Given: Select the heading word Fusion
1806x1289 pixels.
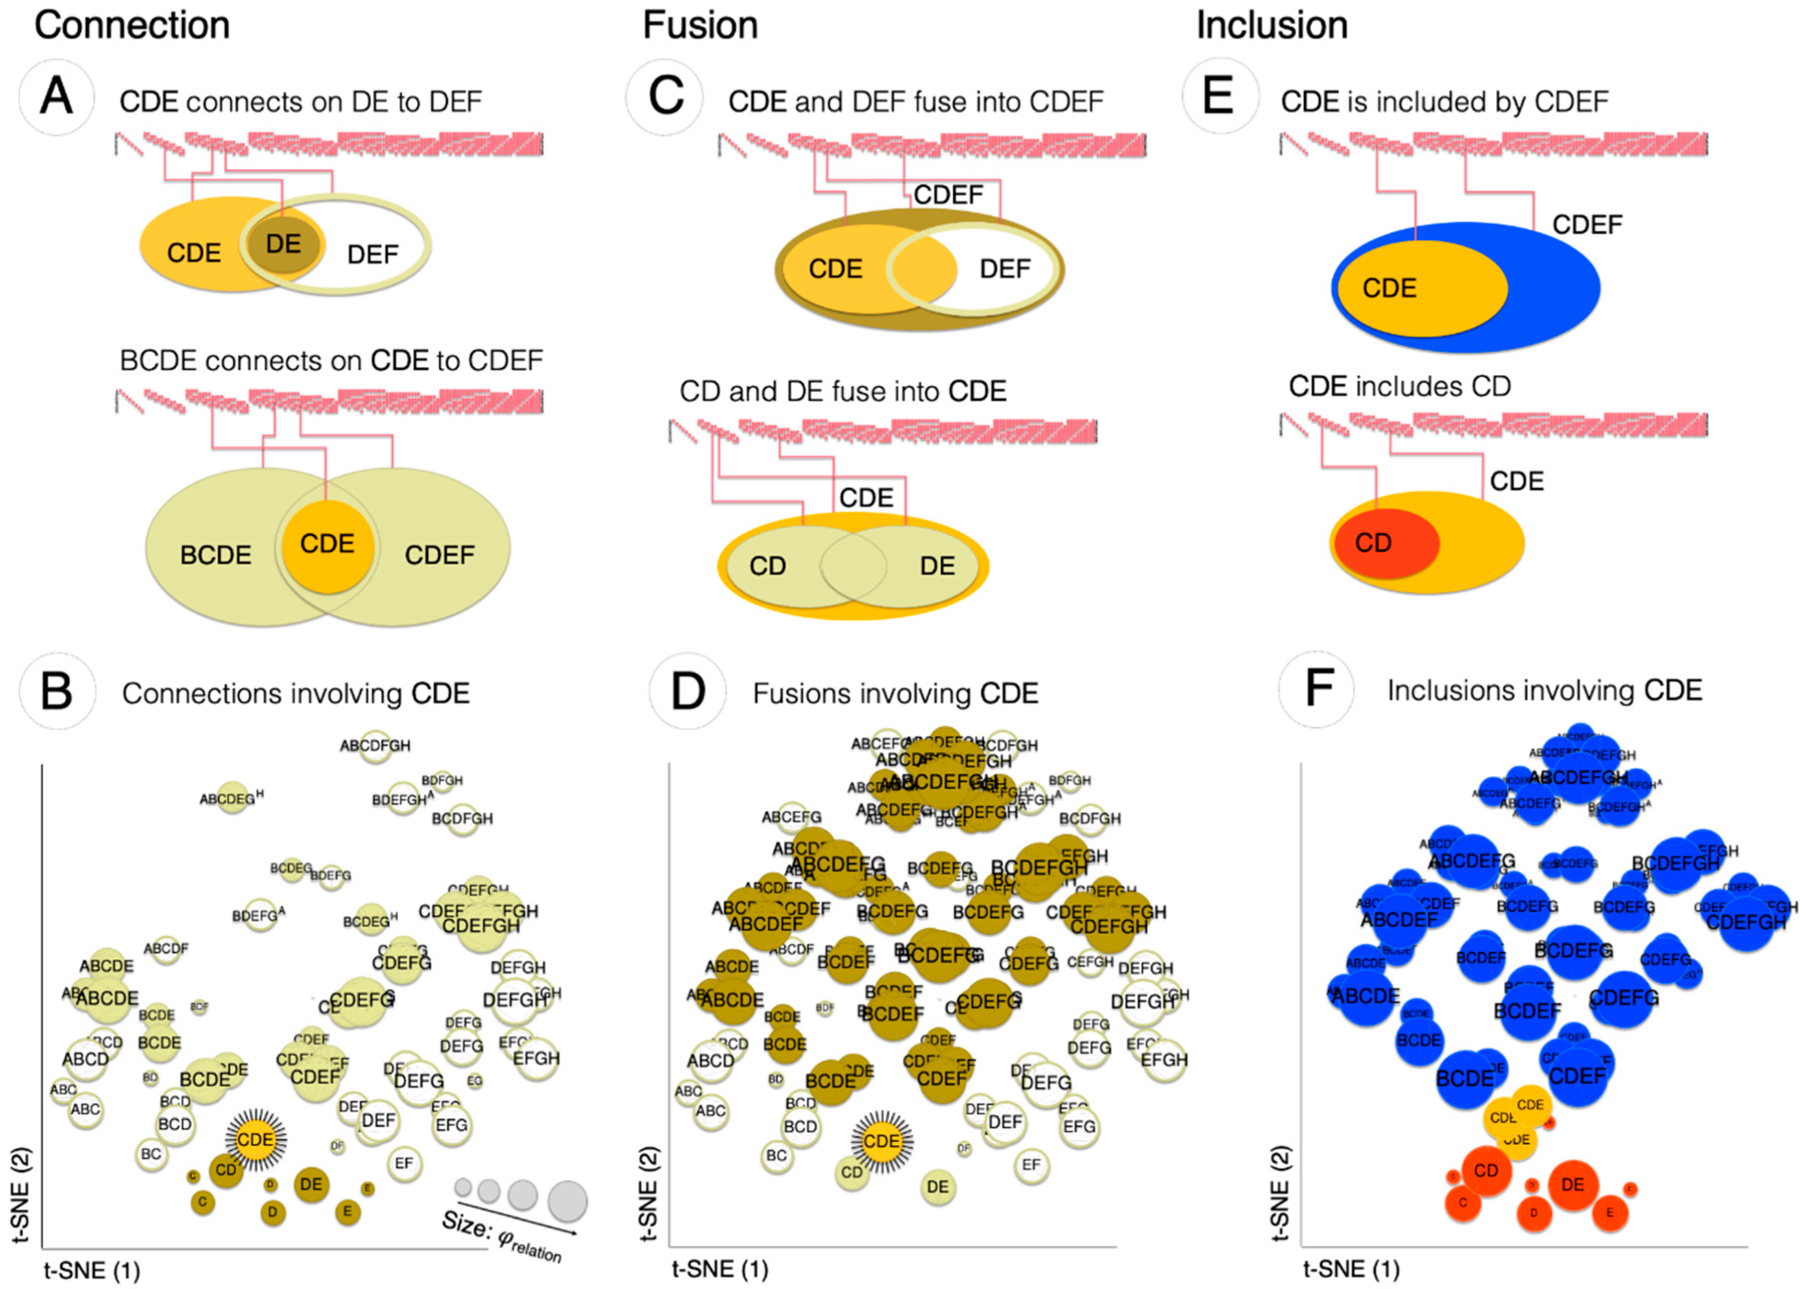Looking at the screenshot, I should pos(700,26).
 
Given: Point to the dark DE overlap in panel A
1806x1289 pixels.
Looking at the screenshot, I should pos(283,245).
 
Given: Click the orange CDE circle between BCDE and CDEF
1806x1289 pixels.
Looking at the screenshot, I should pos(327,546).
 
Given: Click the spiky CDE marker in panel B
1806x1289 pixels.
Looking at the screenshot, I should pos(255,1140).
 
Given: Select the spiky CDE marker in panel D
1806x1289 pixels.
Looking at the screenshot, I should pos(882,1141).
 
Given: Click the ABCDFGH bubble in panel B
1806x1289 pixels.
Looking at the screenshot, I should pos(375,746).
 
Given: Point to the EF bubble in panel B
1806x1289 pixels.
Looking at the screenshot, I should pos(404,1163).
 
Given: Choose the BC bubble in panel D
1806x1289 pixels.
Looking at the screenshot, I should pos(777,1156).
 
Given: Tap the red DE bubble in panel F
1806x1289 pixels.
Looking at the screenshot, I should pos(1572,1185).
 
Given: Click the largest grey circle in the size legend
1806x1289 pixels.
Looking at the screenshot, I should pos(567,1200).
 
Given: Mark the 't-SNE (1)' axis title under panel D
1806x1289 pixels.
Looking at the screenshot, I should pos(720,1270).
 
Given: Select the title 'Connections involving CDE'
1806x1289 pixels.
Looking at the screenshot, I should pos(295,694).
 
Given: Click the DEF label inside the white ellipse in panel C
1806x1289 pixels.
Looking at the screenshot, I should pos(1005,269).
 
